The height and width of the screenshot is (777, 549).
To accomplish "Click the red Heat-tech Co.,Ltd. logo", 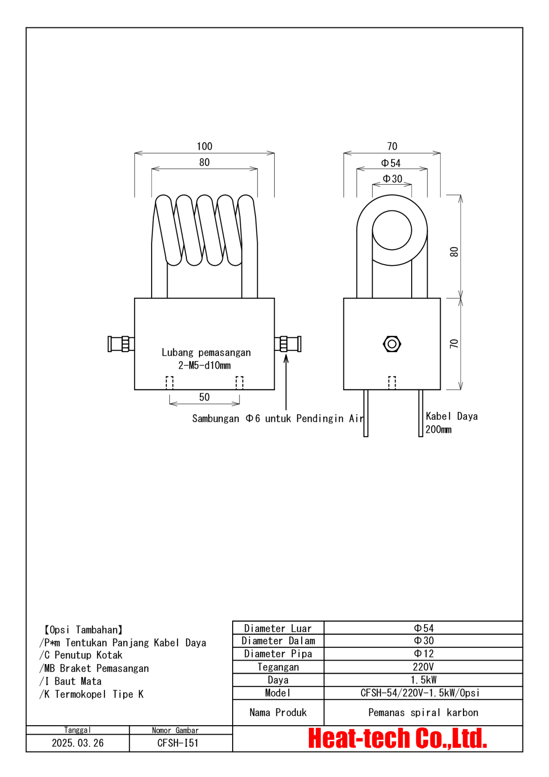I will tap(397, 738).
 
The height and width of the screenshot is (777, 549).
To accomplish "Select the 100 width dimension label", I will tap(204, 146).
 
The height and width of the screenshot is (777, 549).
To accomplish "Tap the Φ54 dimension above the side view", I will tap(391, 163).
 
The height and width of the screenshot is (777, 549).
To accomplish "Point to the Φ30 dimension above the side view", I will tap(393, 179).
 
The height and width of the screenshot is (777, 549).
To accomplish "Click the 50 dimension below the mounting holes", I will tap(204, 397).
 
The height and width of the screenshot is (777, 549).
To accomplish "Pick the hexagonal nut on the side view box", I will tap(392, 344).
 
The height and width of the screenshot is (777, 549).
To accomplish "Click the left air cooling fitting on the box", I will tap(121, 344).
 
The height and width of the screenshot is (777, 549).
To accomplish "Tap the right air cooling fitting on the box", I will tap(288, 344).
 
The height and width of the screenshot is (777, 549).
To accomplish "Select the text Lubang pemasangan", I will tap(206, 353).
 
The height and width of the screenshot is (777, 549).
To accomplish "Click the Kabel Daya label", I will tap(452, 416).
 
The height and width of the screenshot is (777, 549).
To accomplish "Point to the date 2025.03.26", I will tap(78, 743).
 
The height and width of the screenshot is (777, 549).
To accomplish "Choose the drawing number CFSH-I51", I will tap(178, 743).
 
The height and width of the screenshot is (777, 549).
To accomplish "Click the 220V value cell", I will tap(423, 667).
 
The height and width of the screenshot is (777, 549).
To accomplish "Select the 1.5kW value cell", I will tap(423, 680).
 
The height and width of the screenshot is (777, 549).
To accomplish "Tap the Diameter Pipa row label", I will tap(278, 654).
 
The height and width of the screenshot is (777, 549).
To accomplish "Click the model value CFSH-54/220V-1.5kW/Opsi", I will tap(420, 693).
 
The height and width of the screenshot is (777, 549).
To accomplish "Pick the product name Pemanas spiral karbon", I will tap(423, 712).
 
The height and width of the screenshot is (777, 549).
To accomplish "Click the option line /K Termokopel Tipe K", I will tap(92, 694).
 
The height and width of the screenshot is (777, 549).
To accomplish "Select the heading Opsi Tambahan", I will tap(83, 629).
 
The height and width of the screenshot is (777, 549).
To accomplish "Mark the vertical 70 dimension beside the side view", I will tap(454, 344).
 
